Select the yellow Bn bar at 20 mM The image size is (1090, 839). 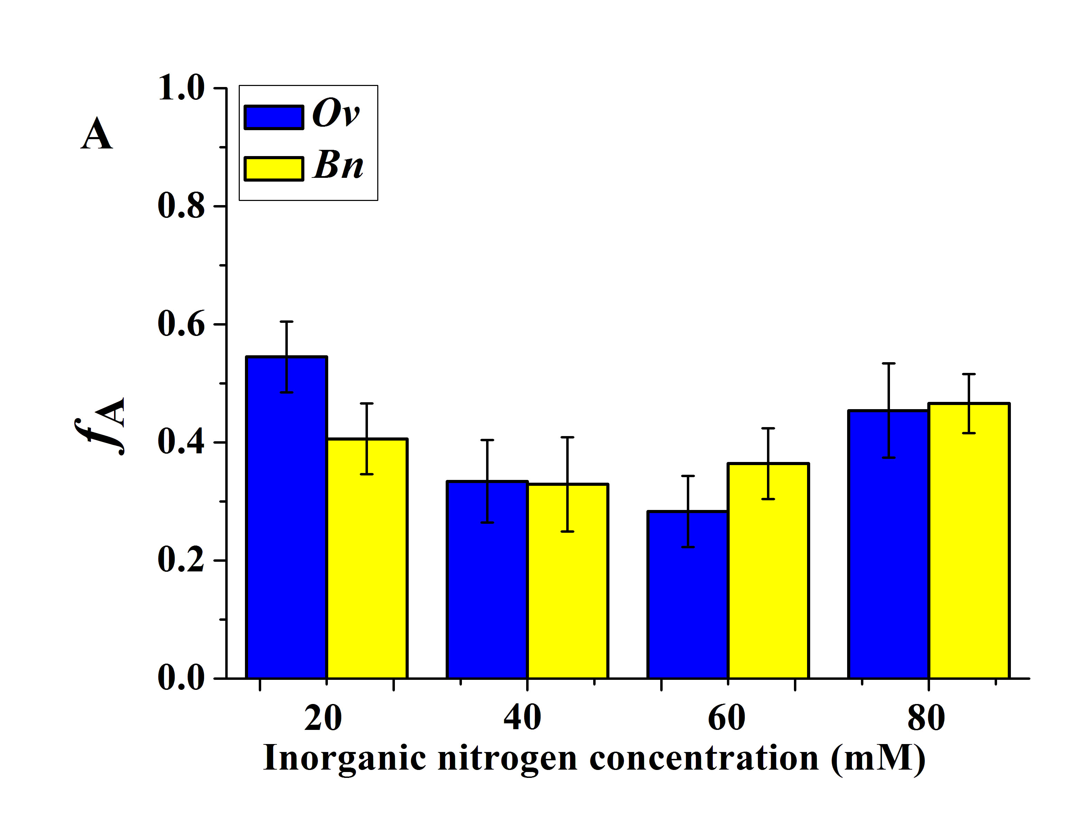click(367, 558)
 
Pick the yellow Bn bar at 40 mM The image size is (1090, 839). click(568, 581)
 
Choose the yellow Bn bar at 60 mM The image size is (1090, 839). click(768, 571)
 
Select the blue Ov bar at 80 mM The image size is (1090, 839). click(888, 544)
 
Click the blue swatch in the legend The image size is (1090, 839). click(274, 117)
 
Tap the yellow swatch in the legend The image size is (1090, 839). click(274, 168)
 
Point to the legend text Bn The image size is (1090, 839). click(338, 166)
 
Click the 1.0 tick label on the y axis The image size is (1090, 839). click(181, 88)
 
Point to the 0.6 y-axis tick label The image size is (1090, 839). click(181, 324)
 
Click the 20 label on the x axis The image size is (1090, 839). click(323, 718)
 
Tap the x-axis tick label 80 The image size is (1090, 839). click(926, 718)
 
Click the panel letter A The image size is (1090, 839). click(96, 134)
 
